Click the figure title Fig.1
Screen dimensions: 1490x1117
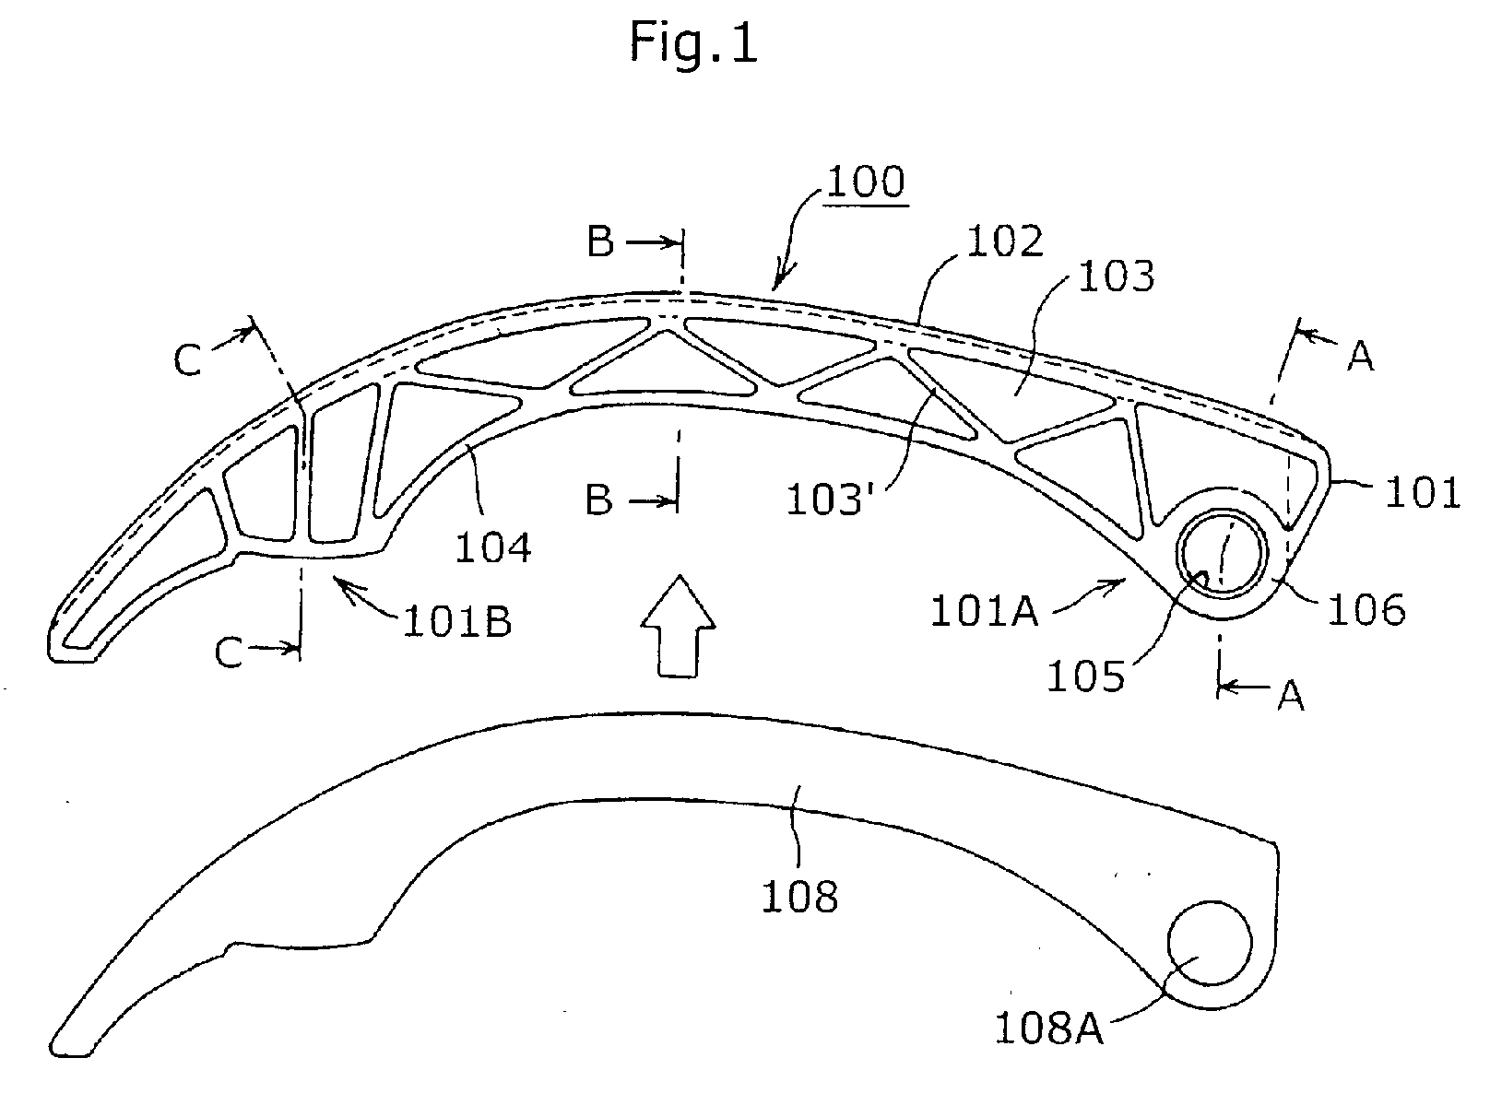pos(693,43)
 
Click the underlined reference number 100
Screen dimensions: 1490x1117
pos(866,182)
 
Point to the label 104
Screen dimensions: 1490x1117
pos(492,547)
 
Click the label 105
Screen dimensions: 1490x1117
pos(1085,676)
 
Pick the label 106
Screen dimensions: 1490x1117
pos(1366,610)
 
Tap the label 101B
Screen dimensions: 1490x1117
pos(457,620)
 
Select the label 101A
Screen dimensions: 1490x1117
pos(985,611)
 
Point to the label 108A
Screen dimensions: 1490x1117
pos(1048,1029)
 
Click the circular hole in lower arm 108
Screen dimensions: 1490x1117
pos(1211,944)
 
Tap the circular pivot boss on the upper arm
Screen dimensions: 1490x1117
pos(1223,553)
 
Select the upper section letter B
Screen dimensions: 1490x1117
pos(600,241)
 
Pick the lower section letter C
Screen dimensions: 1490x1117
pos(228,653)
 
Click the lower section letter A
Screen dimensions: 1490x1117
pos(1291,696)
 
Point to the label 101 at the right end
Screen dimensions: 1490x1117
pos(1423,493)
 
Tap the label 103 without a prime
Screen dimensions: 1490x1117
pos(1116,276)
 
